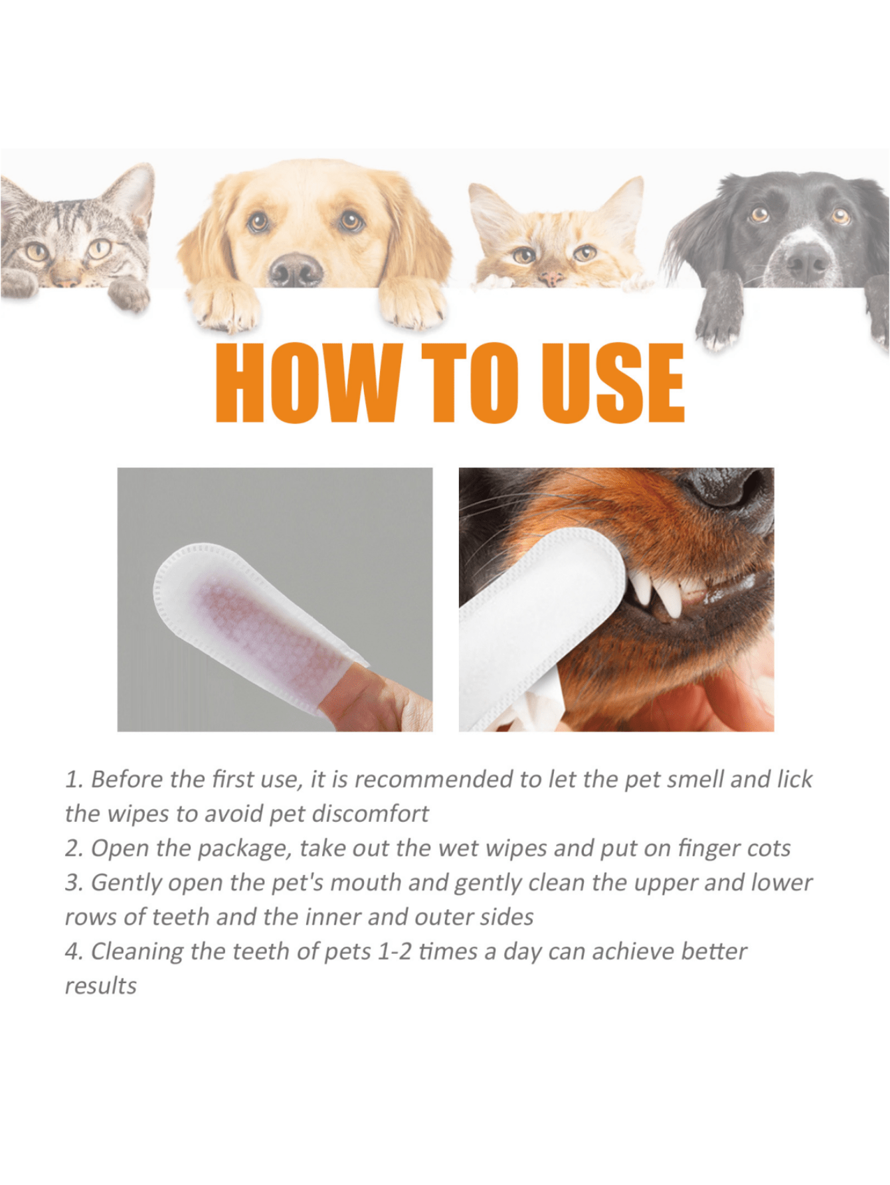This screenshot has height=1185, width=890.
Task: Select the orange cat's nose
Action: pos(551,277)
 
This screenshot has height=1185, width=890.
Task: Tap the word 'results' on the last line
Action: pos(100,987)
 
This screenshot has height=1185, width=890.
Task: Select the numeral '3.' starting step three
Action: pos(74,883)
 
